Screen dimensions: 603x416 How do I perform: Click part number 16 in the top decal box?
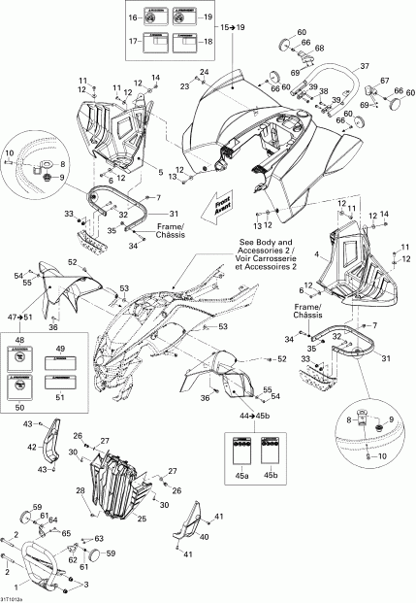coord(134,17)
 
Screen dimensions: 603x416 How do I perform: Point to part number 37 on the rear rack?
coord(366,65)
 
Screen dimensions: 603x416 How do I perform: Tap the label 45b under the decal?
coord(272,475)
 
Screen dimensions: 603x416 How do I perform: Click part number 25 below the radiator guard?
coord(144,518)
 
